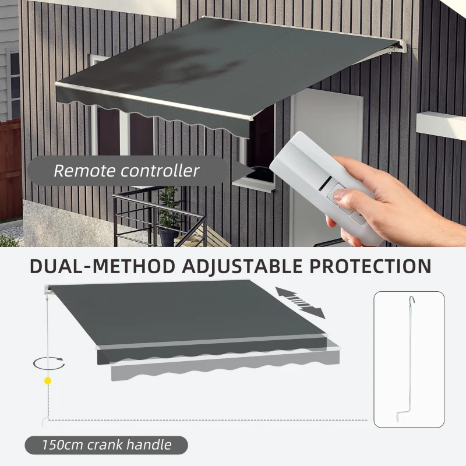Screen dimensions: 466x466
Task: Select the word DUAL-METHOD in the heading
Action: point(103,266)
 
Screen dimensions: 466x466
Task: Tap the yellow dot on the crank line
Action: point(48,381)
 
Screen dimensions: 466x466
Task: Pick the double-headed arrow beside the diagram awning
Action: point(301,302)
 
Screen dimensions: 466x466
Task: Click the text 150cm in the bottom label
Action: point(62,446)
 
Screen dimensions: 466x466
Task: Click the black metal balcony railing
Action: point(157,216)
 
